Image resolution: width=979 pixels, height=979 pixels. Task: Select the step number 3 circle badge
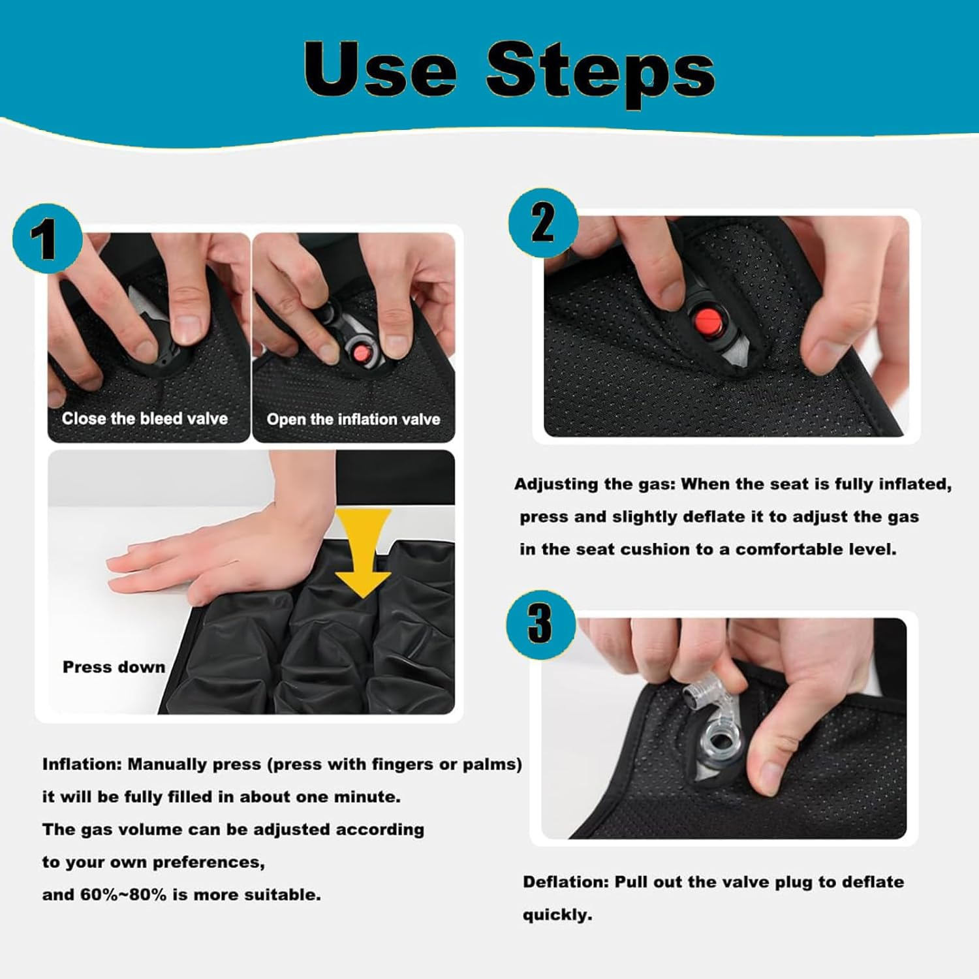[540, 624]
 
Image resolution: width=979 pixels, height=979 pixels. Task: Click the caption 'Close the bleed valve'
[144, 418]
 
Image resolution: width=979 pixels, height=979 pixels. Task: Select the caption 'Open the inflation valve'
[353, 419]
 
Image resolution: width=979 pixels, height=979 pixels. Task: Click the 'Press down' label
[114, 667]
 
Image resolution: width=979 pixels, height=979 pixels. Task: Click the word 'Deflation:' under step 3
[565, 882]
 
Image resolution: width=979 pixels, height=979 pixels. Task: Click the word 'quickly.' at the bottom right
[557, 915]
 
